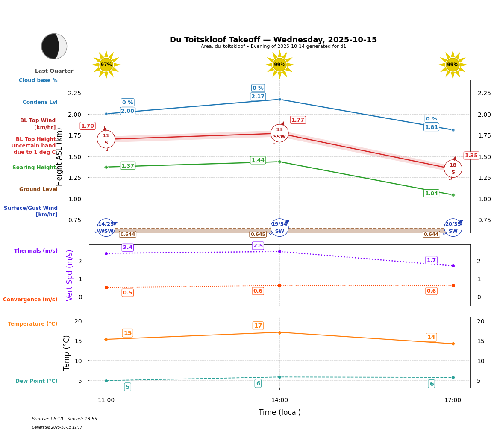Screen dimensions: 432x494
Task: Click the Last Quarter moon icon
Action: pyautogui.click(x=54, y=46)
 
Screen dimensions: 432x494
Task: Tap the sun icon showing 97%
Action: pyautogui.click(x=106, y=65)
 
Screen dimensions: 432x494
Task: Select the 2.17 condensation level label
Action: pyautogui.click(x=258, y=97)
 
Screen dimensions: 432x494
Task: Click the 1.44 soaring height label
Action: pyautogui.click(x=258, y=160)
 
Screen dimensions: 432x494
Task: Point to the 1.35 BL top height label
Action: pyautogui.click(x=471, y=156)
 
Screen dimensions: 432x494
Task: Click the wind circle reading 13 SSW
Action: pyautogui.click(x=279, y=133)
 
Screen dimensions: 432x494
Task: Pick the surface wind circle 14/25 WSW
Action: pyautogui.click(x=106, y=228)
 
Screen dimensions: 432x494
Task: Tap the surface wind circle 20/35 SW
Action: pyautogui.click(x=453, y=228)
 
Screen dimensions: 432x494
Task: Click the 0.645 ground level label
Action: pyautogui.click(x=258, y=234)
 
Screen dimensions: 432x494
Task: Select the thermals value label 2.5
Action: pyautogui.click(x=258, y=246)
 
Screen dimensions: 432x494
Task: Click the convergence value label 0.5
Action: pyautogui.click(x=127, y=293)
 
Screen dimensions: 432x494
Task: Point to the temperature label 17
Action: pyautogui.click(x=258, y=326)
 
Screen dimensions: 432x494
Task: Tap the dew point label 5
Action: pyautogui.click(x=127, y=387)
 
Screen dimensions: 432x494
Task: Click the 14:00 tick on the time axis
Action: pyautogui.click(x=279, y=400)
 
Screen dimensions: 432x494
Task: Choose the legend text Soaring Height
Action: pyautogui.click(x=34, y=168)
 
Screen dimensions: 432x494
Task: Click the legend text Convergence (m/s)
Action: pyautogui.click(x=30, y=300)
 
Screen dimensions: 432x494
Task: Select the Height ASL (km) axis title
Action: pyautogui.click(x=60, y=157)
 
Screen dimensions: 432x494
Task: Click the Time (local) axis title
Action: pyautogui.click(x=279, y=412)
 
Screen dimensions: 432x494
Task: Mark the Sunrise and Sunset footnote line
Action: pyautogui.click(x=65, y=419)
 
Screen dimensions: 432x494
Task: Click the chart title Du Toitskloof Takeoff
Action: pyautogui.click(x=273, y=40)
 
